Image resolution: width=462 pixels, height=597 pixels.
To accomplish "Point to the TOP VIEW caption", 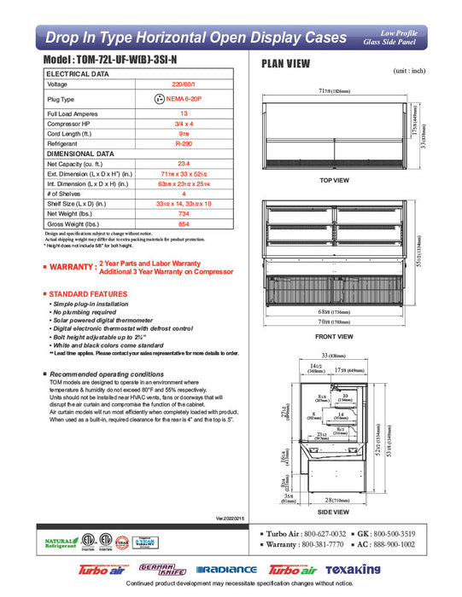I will (x=334, y=181).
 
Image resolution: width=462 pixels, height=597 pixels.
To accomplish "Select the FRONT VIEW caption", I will (x=334, y=336).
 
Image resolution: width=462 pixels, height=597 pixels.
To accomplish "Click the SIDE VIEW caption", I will (x=334, y=512).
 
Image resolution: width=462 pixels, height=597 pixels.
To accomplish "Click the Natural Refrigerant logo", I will (x=60, y=542).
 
